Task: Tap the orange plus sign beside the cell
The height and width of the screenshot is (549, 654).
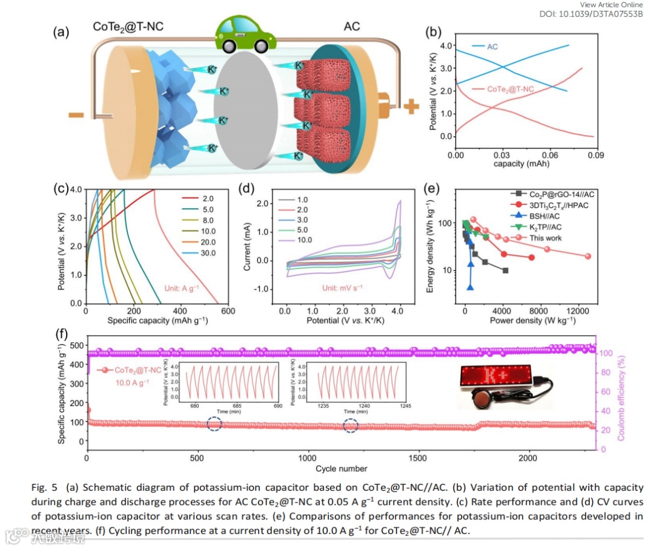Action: (411, 106)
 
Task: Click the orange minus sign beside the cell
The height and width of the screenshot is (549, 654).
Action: (76, 115)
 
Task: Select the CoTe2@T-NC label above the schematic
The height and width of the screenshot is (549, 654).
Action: (128, 27)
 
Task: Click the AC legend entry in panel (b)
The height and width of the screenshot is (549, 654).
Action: (492, 47)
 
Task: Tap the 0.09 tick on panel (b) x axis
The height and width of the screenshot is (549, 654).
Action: (596, 155)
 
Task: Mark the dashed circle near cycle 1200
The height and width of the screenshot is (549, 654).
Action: (351, 426)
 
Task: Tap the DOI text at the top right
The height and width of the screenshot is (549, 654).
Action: (591, 14)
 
